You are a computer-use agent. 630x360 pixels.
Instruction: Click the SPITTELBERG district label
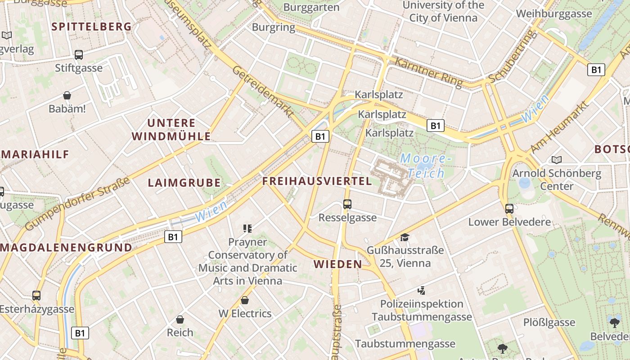click(91, 27)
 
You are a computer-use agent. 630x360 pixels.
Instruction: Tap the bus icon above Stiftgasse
click(79, 55)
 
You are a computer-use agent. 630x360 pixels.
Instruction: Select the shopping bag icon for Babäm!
click(67, 95)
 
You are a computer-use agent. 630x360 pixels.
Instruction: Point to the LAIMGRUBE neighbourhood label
click(184, 183)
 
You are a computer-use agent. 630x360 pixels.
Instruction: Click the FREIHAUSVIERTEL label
click(317, 181)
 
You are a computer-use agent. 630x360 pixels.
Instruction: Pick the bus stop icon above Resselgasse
click(347, 204)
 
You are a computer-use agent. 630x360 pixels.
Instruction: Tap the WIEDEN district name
click(338, 264)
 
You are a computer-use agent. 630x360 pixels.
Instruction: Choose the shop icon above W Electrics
click(245, 300)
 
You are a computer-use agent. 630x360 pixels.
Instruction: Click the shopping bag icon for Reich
click(180, 319)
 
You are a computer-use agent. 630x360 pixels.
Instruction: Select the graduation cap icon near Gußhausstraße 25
click(405, 237)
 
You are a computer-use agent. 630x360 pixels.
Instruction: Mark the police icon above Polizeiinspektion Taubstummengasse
click(422, 291)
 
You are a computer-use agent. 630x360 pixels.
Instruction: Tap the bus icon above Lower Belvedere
click(509, 208)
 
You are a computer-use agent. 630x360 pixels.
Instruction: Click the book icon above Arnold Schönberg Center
click(557, 160)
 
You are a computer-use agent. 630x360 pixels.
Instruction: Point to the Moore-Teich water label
click(426, 166)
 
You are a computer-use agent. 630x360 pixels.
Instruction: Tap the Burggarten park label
click(311, 8)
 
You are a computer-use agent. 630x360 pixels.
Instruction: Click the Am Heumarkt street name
click(559, 127)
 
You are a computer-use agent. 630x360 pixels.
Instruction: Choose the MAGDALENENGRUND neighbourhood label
click(66, 247)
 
